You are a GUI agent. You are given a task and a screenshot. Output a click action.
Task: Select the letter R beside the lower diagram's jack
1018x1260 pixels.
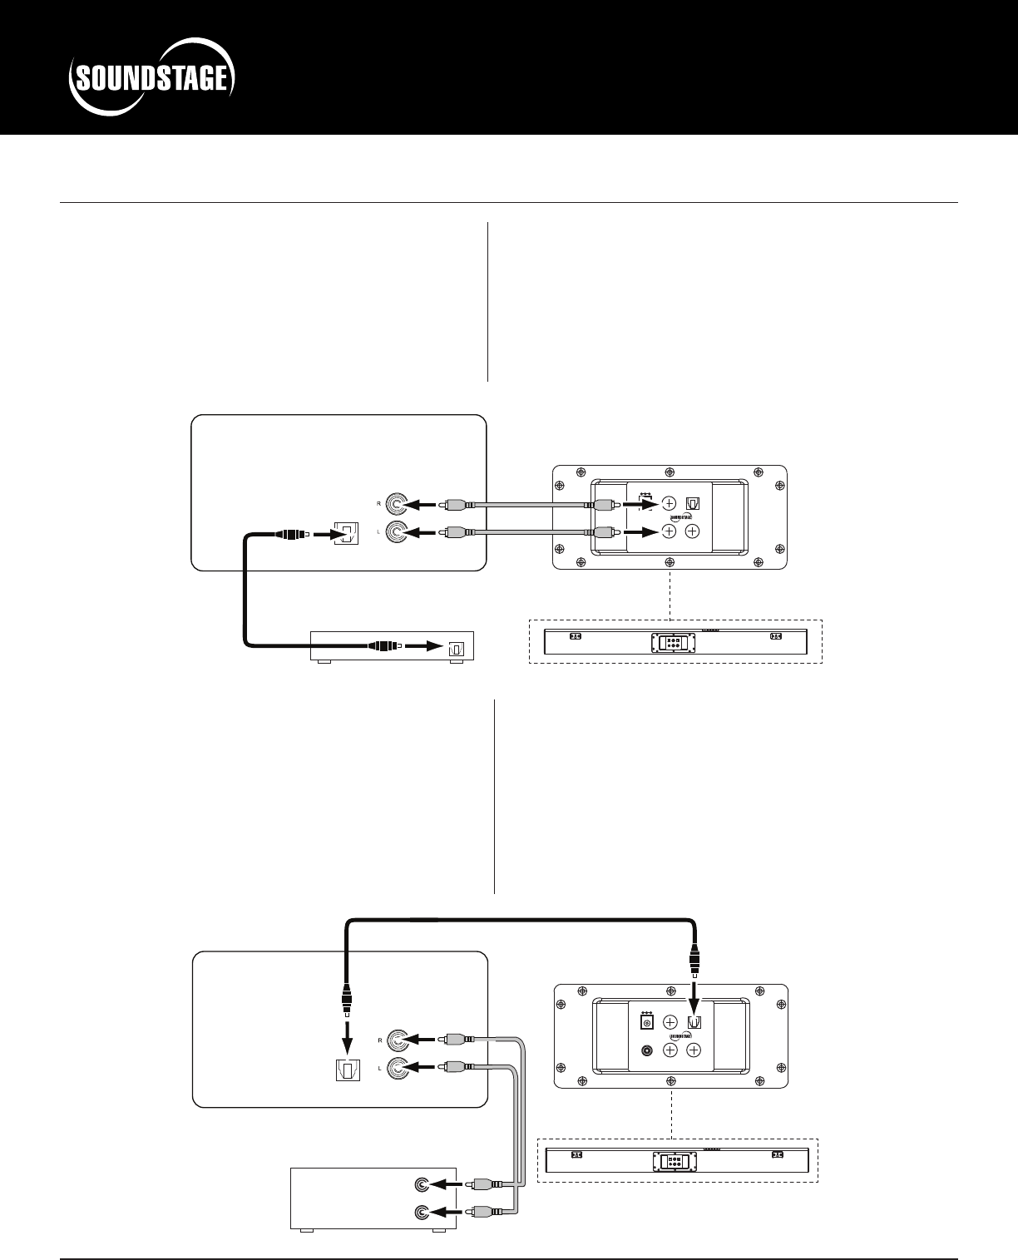[379, 1040]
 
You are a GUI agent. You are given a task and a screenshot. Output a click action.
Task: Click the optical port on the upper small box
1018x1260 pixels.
[454, 646]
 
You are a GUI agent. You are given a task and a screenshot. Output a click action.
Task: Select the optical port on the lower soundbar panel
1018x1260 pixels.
[695, 1022]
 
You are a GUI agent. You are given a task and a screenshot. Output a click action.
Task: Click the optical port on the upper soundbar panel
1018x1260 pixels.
[693, 504]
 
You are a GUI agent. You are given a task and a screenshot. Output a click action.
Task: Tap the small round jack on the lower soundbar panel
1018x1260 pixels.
[645, 1050]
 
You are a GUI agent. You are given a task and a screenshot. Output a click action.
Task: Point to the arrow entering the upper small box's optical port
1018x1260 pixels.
[424, 645]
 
